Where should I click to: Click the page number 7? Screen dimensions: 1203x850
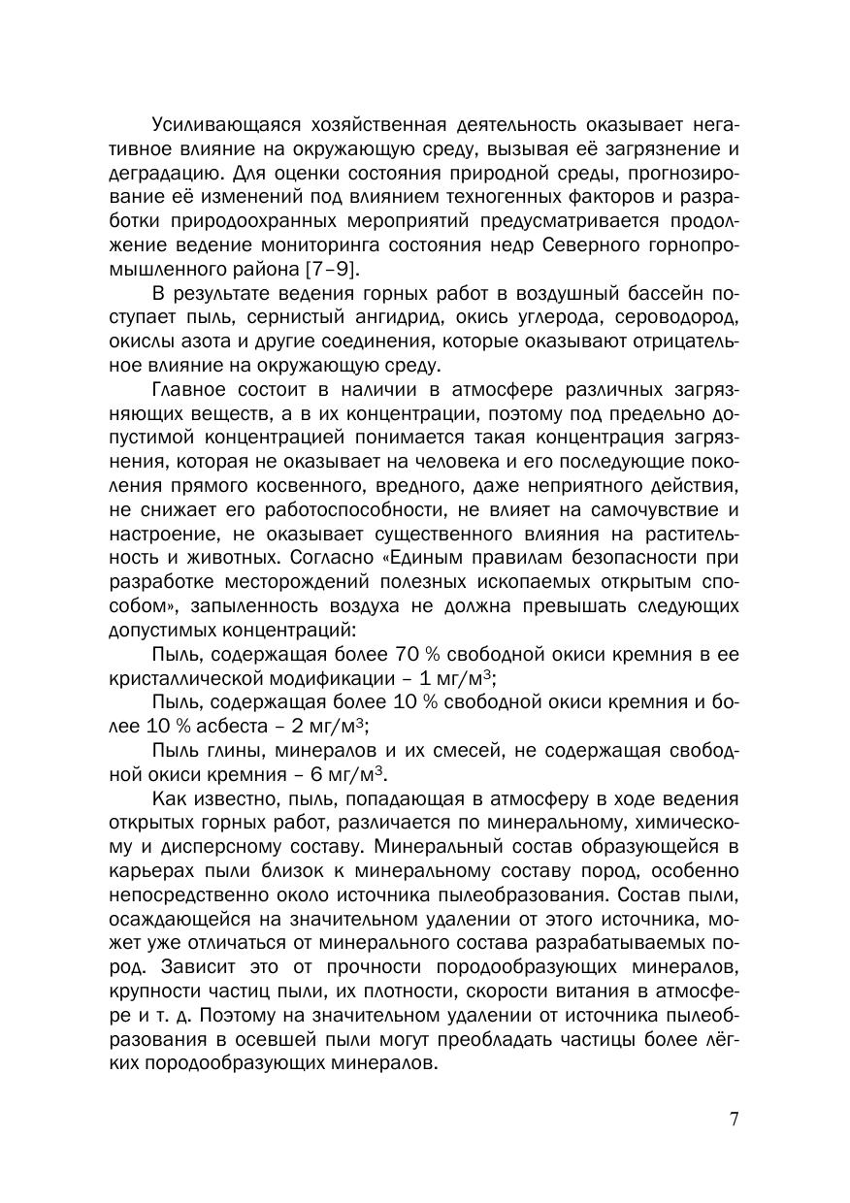pos(734,1119)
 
